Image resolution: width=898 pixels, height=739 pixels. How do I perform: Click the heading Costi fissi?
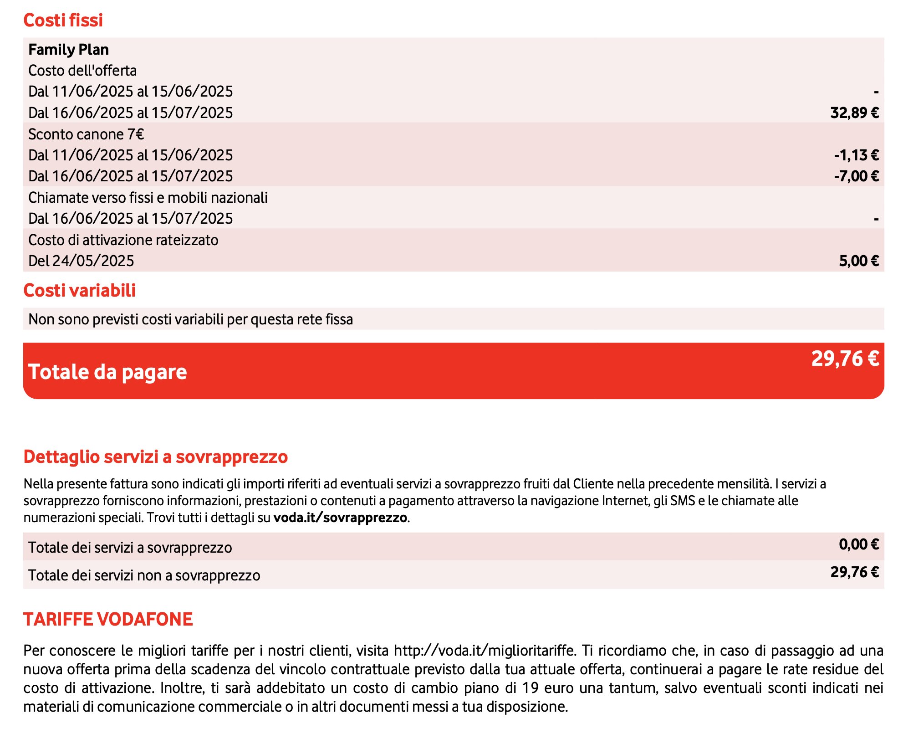pos(63,21)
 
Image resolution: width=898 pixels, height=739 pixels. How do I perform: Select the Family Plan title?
pos(68,49)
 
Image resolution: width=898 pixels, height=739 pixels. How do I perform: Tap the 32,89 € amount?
pos(854,113)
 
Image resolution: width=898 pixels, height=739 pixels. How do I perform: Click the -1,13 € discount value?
pos(856,155)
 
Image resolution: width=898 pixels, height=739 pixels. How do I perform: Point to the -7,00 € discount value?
pos(856,176)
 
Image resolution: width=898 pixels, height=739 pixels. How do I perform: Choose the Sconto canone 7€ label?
pos(86,134)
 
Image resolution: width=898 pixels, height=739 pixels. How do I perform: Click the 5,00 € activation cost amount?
pos(858,261)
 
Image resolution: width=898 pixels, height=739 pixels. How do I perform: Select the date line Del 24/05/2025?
pos(81,261)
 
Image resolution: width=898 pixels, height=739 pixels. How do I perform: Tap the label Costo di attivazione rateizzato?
pos(123,240)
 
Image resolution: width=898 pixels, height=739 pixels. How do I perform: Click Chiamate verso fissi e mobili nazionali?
pos(148,198)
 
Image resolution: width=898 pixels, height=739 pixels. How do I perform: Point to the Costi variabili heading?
pos(79,291)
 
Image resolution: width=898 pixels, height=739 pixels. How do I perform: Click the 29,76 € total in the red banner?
pos(845,359)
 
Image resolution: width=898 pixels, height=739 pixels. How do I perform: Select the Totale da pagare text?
pos(107,372)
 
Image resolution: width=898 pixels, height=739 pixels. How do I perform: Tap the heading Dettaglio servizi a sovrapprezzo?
pos(155,457)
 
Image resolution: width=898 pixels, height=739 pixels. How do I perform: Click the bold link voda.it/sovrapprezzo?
pos(340,518)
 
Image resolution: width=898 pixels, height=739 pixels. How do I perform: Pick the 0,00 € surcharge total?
pos(858,544)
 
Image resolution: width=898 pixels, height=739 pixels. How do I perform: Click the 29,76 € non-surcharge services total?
pos(854,572)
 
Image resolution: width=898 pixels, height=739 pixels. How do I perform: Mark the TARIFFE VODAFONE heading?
pos(108,620)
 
